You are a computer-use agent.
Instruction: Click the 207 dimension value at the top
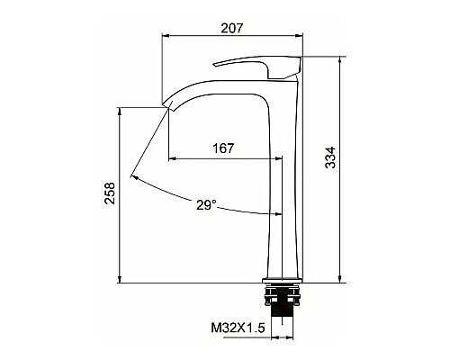coord(232,29)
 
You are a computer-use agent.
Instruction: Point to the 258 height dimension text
coord(110,195)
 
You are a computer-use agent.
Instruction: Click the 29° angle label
coord(206,206)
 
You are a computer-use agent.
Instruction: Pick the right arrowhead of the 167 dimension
coord(280,158)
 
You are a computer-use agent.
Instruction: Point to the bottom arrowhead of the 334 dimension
coord(341,279)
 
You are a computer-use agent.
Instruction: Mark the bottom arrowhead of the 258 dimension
coord(121,279)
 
